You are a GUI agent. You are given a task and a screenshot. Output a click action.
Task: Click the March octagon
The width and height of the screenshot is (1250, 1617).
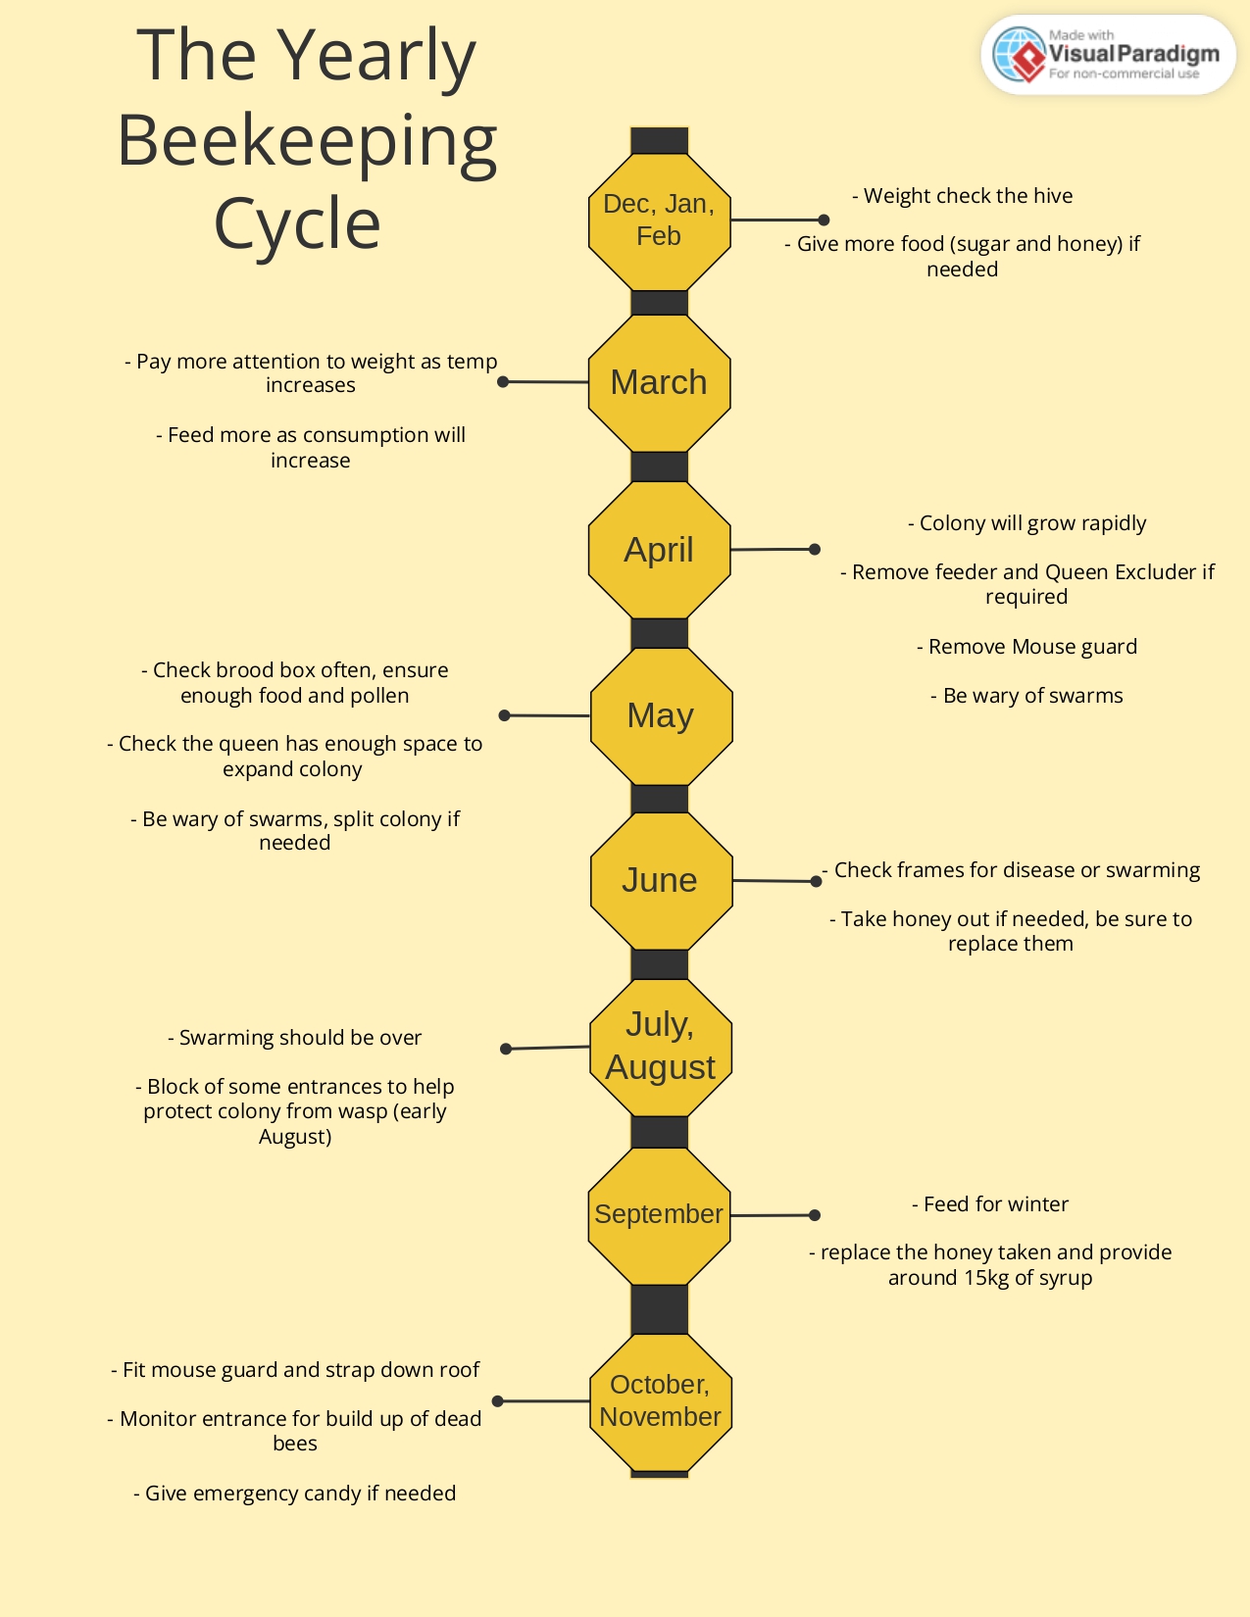[x=659, y=382]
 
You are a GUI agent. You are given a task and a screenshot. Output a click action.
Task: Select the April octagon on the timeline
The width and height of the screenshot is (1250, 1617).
[x=659, y=550]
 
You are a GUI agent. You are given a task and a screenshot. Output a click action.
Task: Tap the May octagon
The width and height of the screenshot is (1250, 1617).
[x=661, y=715]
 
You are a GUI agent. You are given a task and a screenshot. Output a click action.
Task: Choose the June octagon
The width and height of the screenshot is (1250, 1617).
[x=661, y=880]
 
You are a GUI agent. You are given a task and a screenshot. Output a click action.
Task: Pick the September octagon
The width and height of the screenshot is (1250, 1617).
[x=659, y=1214]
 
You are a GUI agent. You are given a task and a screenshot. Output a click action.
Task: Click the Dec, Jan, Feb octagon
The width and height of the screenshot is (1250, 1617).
[x=659, y=220]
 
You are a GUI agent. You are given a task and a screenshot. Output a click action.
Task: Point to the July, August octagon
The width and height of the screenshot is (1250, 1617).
[x=661, y=1047]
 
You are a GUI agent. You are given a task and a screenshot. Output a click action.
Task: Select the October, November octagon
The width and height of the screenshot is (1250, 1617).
[x=661, y=1401]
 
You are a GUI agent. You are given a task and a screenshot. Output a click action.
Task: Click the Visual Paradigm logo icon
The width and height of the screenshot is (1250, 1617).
[x=1020, y=55]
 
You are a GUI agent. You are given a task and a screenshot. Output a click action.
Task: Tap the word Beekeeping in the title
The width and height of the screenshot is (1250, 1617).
[x=307, y=140]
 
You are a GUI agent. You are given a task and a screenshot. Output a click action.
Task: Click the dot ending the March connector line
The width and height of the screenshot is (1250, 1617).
[x=503, y=381]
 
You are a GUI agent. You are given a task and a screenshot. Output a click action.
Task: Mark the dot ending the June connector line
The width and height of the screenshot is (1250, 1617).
[x=816, y=881]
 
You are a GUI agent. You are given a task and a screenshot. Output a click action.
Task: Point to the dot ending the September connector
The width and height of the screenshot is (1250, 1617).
[x=815, y=1215]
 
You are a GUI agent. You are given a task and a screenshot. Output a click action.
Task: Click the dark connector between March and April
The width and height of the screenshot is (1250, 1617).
[x=659, y=466]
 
